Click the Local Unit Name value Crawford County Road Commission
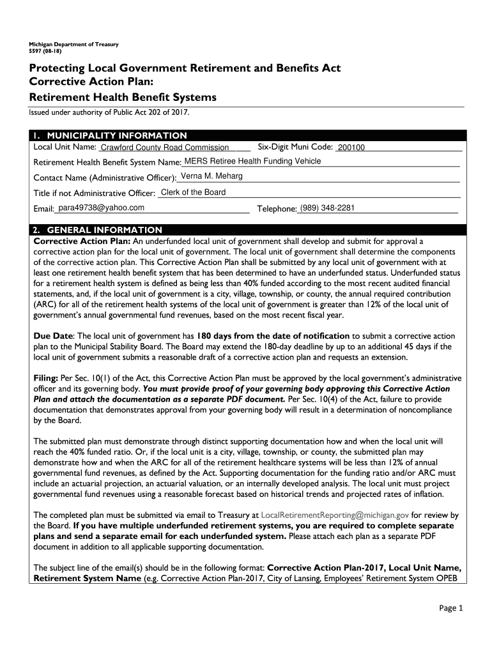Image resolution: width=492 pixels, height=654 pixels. tap(160, 148)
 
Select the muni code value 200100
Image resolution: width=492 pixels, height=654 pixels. tap(351, 148)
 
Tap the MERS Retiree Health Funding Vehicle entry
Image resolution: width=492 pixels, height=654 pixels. tap(252, 162)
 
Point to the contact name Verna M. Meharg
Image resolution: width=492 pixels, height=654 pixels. tap(211, 176)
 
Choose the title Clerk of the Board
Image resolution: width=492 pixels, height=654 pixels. tap(193, 192)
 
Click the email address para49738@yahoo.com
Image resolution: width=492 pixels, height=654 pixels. tap(101, 208)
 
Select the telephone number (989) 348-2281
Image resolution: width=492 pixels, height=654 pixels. tap(327, 208)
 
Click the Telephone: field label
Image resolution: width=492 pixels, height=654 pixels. tap(277, 209)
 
